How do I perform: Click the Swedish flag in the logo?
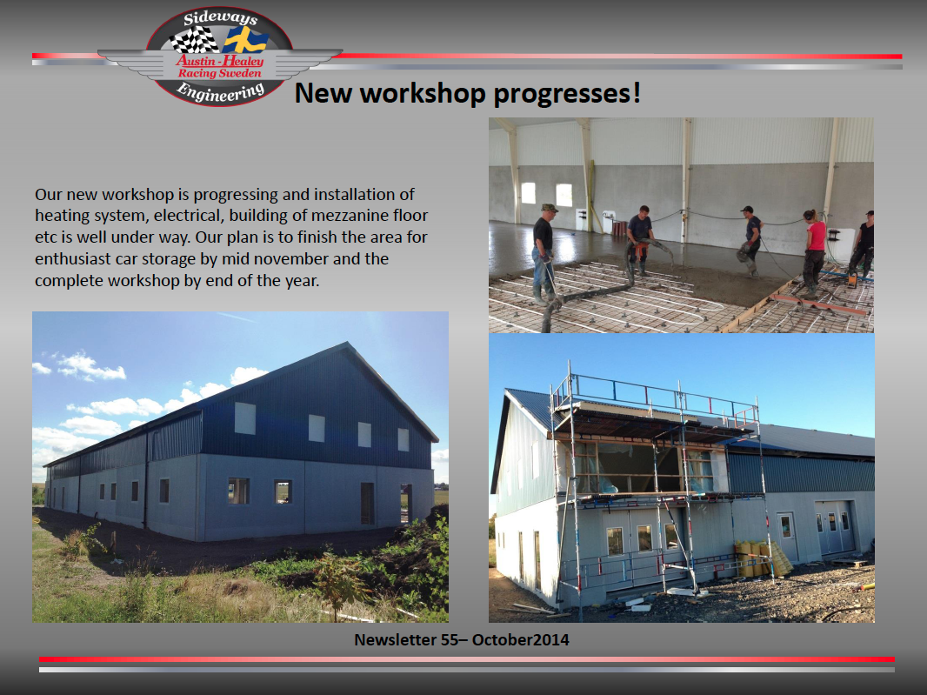tap(244, 41)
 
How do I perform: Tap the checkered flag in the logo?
tap(194, 40)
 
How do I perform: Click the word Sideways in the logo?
tap(221, 18)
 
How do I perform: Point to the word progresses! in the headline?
tap(567, 94)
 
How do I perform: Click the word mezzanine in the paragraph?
tap(350, 216)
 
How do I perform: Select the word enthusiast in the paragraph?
tap(73, 259)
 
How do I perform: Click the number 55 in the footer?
tap(450, 640)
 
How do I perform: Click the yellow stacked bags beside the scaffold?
tap(762, 559)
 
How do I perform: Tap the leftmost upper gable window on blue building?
tap(244, 418)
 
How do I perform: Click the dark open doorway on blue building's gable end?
tap(367, 504)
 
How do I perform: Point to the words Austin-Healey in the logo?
tap(220, 60)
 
